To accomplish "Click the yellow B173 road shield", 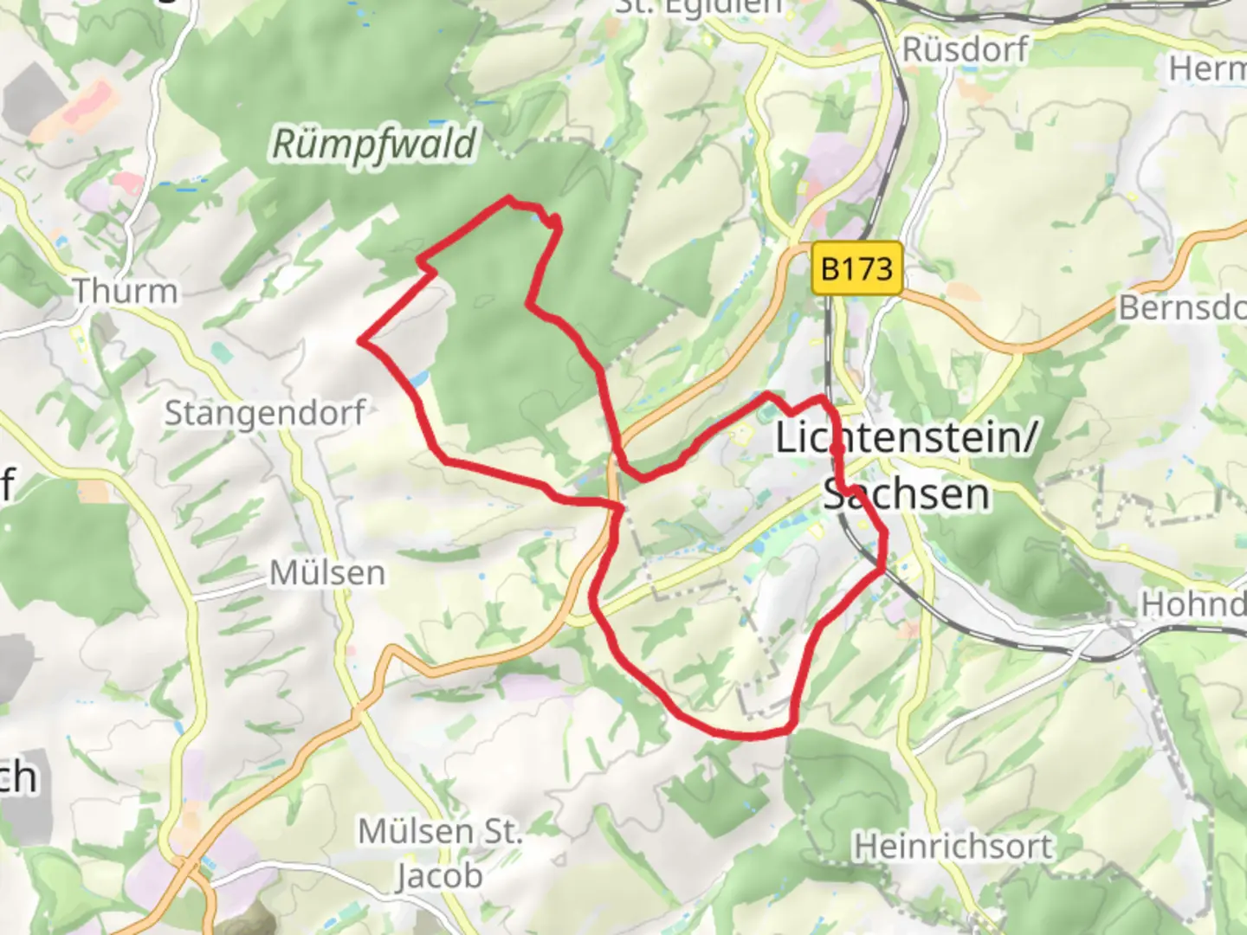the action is tap(856, 268).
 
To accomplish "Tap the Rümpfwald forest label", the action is tap(374, 145).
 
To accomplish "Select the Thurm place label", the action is tap(125, 292).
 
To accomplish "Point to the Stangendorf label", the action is tap(264, 413).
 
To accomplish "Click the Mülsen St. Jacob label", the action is tap(440, 854).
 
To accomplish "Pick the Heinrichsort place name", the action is tap(953, 846).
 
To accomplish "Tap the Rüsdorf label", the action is tap(965, 49).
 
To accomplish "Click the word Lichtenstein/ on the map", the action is tap(905, 437).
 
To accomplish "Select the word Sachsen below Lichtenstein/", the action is tap(907, 494).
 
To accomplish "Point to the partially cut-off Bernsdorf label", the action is tap(1181, 307).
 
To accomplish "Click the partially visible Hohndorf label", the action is tap(1192, 603).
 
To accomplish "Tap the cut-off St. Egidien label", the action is tap(698, 7).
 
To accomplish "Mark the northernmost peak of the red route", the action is tap(508, 199).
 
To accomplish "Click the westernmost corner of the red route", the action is tap(361, 341).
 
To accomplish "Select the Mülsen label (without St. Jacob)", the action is tap(327, 573).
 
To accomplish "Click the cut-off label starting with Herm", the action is tap(1208, 68).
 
